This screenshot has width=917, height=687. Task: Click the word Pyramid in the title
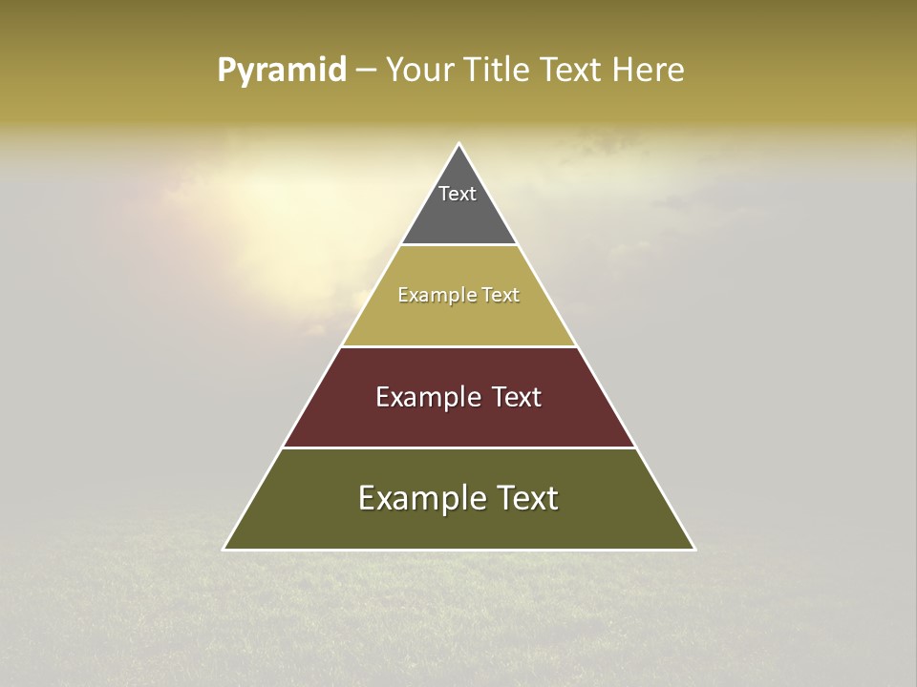coord(282,71)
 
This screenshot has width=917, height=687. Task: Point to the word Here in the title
coord(649,71)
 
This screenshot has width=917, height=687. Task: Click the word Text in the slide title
coord(572,71)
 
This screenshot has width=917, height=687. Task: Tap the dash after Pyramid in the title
coord(366,71)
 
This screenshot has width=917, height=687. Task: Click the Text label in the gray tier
coord(458,194)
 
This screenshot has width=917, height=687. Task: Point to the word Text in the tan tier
coord(501,296)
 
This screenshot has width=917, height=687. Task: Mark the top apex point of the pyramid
coord(459,144)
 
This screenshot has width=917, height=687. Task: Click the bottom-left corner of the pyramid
coord(224,550)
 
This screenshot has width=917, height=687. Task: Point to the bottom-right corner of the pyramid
coord(695,550)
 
